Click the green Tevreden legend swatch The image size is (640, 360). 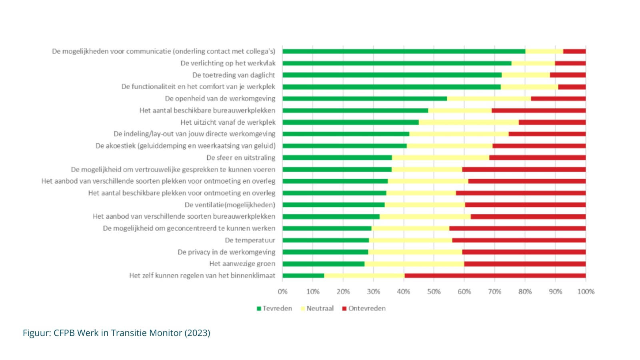pos(259,308)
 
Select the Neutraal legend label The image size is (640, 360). pos(320,308)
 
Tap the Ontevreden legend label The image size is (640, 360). pos(367,308)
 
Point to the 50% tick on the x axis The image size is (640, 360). pos(434,292)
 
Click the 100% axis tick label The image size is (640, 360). pos(586,292)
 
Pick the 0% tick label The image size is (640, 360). pos(282,292)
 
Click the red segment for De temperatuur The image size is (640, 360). pos(519,240)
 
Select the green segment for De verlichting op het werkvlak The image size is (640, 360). pos(397,63)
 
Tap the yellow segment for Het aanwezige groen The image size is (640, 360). pos(414,264)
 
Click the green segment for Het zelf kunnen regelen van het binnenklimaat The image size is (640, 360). pos(303,276)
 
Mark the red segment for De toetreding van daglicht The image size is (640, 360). pos(568,75)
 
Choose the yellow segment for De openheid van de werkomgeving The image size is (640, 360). pos(489,98)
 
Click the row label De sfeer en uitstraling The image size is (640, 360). pos(241,158)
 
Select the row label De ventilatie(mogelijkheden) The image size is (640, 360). pos(230,205)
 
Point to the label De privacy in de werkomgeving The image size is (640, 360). pos(226,252)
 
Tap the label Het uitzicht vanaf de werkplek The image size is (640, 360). pos(228,122)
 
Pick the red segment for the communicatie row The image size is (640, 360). pos(574,51)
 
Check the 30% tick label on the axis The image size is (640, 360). pos(373,292)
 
